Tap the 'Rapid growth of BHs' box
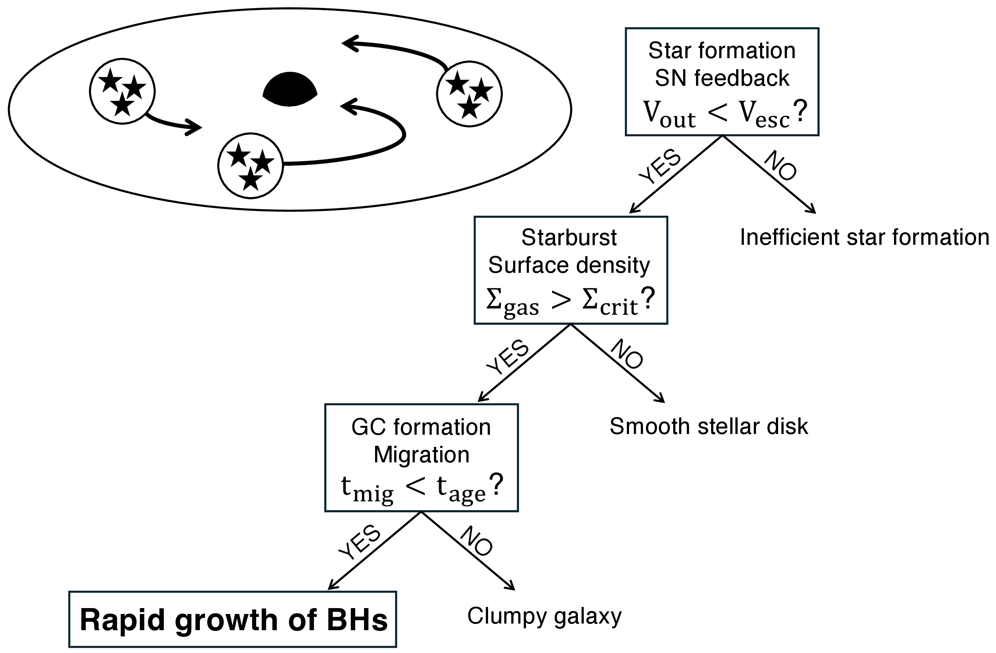[233, 620]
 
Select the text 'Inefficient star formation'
[864, 237]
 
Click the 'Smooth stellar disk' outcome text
[709, 427]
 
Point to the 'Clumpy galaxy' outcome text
[544, 616]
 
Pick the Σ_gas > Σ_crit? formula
[570, 302]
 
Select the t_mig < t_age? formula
[421, 488]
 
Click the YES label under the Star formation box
[660, 166]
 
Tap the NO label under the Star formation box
[780, 165]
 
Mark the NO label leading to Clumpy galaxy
[476, 541]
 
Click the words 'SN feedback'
[722, 78]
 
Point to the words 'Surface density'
[569, 265]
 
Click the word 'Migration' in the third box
[421, 455]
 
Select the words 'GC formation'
[421, 427]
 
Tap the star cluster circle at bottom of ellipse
[250, 166]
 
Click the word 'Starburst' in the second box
[569, 238]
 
